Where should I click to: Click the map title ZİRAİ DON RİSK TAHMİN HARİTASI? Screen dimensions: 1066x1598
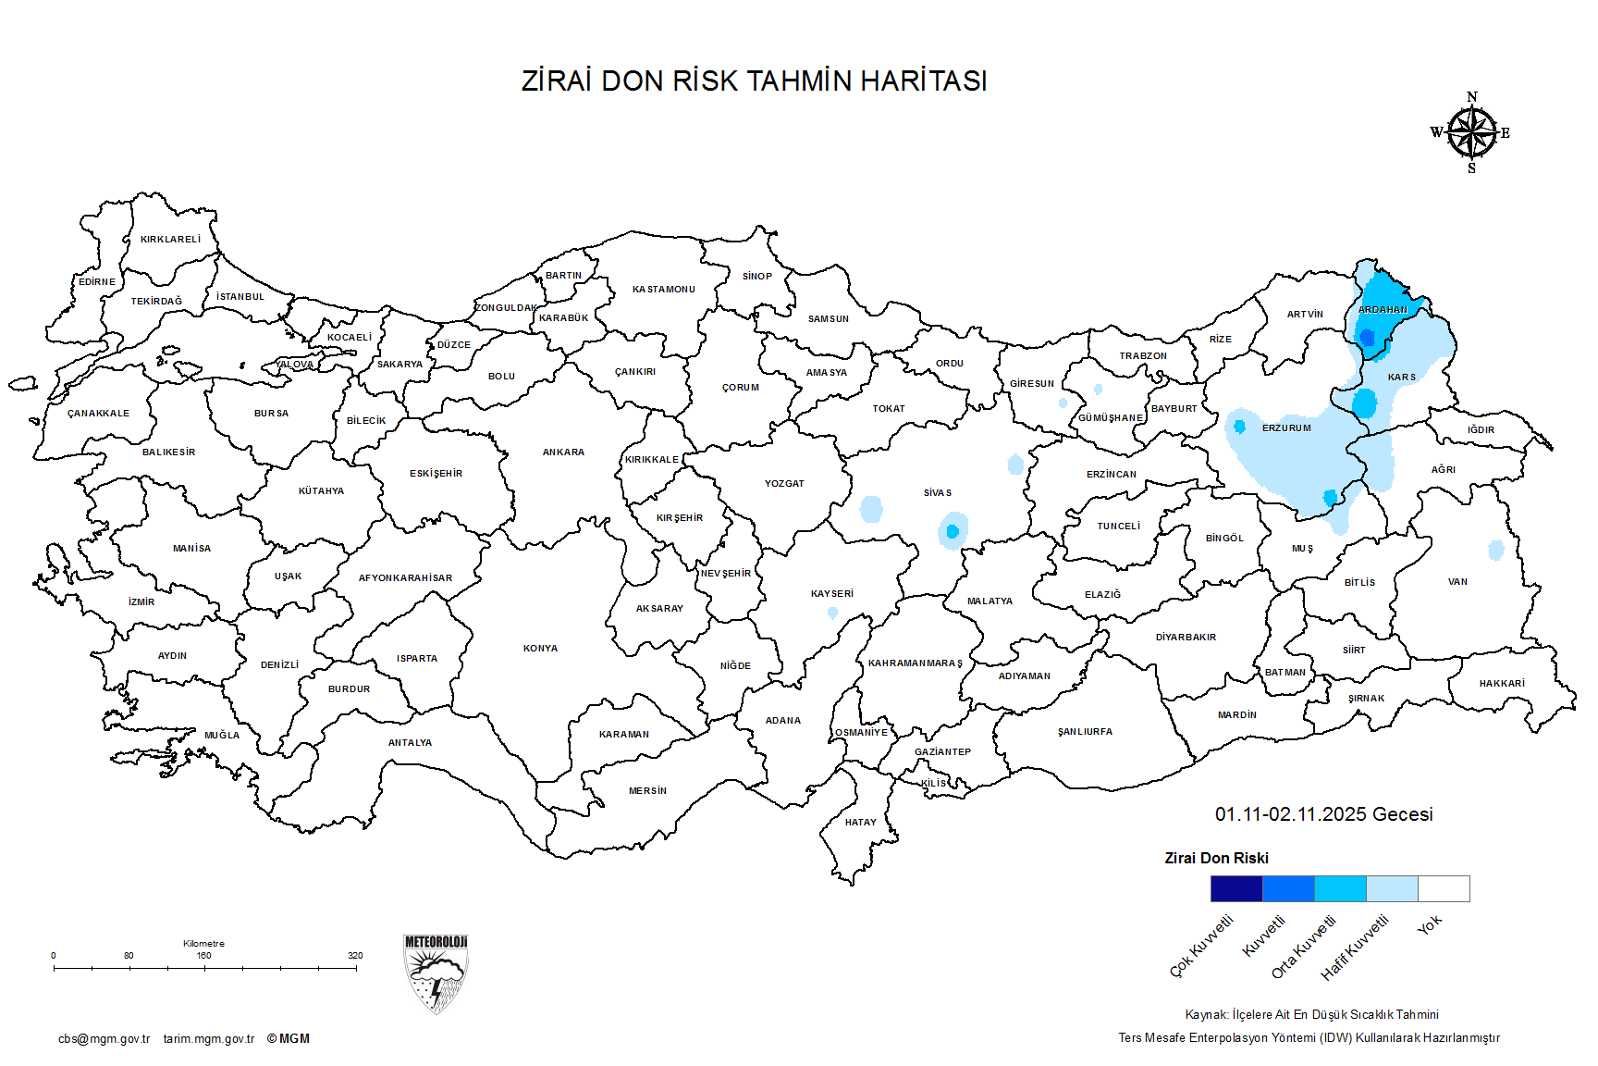pos(754,81)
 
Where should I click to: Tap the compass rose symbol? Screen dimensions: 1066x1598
pos(1471,133)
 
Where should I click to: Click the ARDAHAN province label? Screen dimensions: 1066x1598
pos(1383,309)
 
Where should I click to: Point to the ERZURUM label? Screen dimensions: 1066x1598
pos(1286,428)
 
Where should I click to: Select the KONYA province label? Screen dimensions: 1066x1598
pos(540,649)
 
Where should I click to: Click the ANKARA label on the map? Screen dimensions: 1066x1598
pos(563,452)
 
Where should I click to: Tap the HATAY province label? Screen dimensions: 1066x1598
pos(860,822)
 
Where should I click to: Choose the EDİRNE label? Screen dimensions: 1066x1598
pos(97,281)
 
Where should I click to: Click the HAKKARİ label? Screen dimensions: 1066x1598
pos(1502,684)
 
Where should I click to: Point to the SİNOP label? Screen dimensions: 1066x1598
pos(756,276)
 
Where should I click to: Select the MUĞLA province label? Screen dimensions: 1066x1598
pos(222,735)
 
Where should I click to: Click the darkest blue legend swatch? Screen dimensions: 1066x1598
pos(1236,888)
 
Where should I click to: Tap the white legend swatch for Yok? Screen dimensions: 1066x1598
pos(1444,888)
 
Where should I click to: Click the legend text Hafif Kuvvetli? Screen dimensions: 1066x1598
pos(1355,948)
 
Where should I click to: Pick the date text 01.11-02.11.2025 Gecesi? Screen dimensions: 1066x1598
pos(1323,814)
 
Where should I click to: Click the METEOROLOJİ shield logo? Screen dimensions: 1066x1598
pos(436,973)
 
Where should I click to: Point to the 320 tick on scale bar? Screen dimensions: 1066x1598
pos(355,956)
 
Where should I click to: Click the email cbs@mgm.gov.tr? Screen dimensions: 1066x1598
pos(104,1038)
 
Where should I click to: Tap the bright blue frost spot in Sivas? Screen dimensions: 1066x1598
pos(952,531)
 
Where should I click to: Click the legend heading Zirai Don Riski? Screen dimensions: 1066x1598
pos(1216,858)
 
